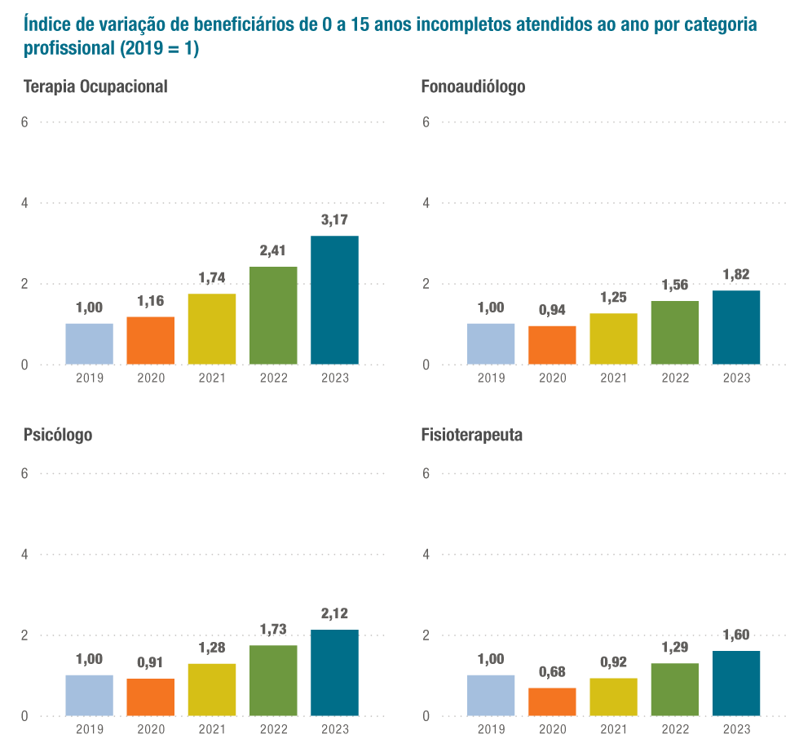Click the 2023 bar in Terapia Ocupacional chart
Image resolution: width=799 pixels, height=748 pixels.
coord(334,299)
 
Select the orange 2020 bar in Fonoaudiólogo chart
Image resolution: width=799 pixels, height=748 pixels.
coord(552,344)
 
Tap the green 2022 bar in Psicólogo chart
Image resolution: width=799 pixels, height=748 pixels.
coord(273,680)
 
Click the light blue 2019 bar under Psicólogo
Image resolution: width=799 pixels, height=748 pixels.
coord(89,695)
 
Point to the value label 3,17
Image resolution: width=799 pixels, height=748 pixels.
coord(334,219)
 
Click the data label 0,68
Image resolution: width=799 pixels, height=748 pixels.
coord(552,671)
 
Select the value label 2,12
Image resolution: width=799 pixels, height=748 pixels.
coord(334,613)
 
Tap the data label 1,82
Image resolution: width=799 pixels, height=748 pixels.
coord(736,274)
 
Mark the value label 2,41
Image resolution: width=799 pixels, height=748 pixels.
coord(273,250)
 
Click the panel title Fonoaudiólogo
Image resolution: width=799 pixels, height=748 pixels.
coord(473,86)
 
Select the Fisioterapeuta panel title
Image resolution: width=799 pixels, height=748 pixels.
coord(472,435)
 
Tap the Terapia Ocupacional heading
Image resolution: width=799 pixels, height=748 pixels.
coord(95,86)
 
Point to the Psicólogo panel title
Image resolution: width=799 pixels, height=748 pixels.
coord(58,435)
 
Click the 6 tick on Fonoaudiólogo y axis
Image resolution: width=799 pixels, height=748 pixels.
coord(426,122)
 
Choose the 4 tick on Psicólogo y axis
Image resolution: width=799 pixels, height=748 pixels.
coord(24,555)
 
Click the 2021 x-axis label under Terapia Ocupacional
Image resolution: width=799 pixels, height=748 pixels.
coord(212,378)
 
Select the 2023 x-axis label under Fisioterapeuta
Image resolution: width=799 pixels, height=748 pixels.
coord(736,729)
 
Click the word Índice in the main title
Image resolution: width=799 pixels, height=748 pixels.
coord(46,24)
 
